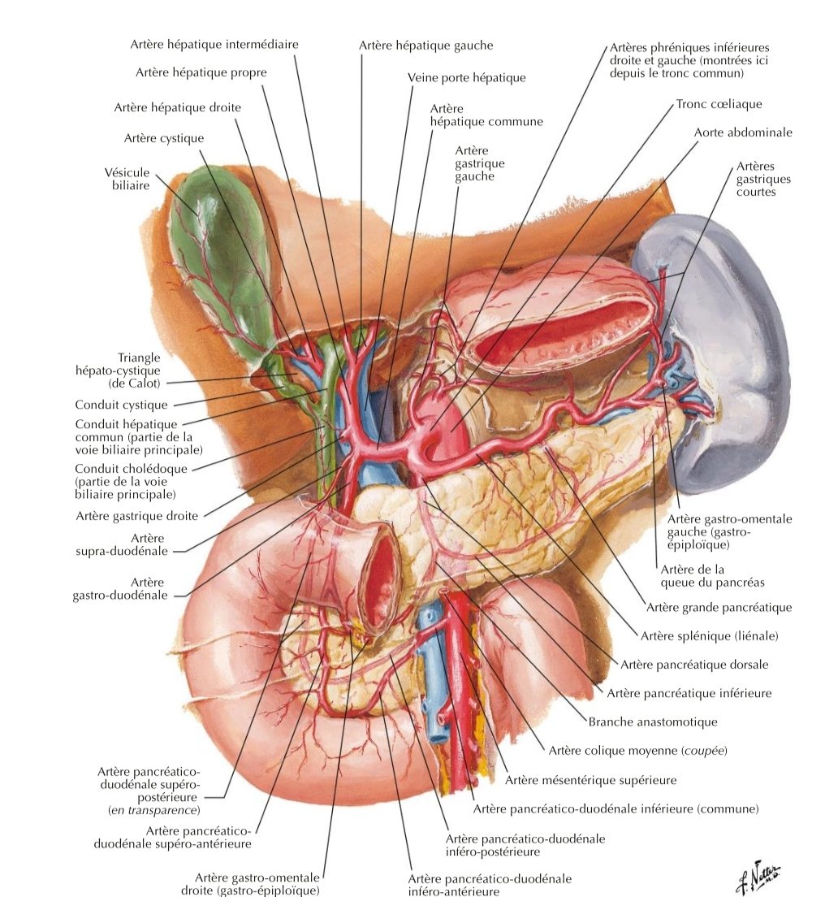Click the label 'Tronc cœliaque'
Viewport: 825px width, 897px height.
[719, 105]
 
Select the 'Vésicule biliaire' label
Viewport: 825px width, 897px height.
[128, 179]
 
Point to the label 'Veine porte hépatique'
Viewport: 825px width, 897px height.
[466, 78]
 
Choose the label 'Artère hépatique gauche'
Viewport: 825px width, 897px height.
[425, 45]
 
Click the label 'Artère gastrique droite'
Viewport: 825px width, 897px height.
[137, 515]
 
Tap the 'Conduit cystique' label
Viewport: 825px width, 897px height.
[121, 405]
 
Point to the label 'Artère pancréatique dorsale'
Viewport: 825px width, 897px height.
[694, 665]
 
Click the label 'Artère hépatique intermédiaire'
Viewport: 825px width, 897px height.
[214, 44]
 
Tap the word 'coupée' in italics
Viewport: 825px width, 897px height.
[704, 751]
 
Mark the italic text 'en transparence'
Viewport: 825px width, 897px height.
[153, 810]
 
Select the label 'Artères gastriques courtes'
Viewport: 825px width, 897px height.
[762, 178]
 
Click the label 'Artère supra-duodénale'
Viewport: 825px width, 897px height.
[135, 544]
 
